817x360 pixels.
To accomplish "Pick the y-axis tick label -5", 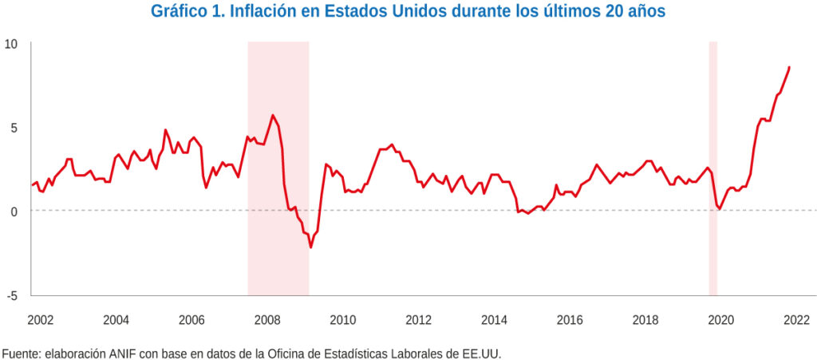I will [11, 295].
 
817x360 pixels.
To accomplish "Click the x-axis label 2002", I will [40, 320].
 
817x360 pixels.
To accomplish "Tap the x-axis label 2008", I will [266, 320].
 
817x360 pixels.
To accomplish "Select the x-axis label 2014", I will [494, 320].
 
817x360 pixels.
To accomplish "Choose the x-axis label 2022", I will [796, 320].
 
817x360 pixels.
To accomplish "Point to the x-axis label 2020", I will [720, 320].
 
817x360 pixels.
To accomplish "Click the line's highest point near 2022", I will [789, 67].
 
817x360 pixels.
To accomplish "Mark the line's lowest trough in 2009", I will [310, 247].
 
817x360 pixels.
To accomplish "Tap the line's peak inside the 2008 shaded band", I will [273, 115].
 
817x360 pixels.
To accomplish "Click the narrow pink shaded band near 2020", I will [713, 168].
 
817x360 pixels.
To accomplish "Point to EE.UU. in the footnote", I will [483, 352].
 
